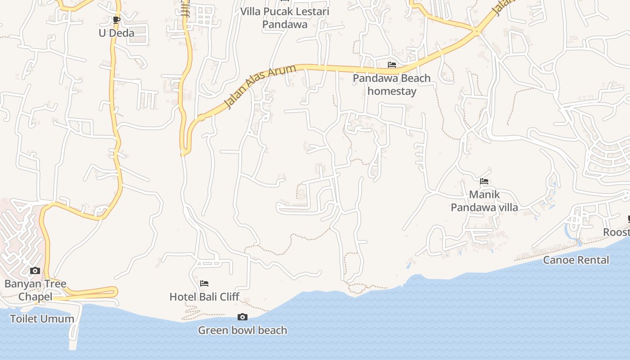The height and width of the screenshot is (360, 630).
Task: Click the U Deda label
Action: (x=117, y=33)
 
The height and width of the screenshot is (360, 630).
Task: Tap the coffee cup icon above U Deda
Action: (x=116, y=20)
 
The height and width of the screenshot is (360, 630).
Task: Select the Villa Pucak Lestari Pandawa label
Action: (x=284, y=18)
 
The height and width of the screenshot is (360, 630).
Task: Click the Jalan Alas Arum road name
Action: (x=260, y=87)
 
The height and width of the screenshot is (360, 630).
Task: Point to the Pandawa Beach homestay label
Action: (x=391, y=85)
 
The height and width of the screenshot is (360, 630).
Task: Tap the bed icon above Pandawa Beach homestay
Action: (x=392, y=65)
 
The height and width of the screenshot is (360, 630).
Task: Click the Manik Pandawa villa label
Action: (x=484, y=201)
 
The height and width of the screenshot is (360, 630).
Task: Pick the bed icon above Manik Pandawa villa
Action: (x=484, y=181)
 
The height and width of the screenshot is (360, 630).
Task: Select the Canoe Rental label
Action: (x=576, y=260)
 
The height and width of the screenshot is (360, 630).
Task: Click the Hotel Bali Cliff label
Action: (x=204, y=297)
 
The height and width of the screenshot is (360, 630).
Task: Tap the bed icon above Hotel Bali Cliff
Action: (x=204, y=283)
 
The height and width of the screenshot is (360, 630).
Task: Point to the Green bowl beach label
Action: (x=243, y=330)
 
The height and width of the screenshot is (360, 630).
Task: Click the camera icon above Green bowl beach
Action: (x=243, y=317)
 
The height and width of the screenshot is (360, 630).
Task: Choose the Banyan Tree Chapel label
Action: (x=35, y=290)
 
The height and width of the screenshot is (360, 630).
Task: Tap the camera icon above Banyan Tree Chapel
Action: (x=35, y=271)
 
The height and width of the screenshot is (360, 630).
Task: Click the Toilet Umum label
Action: (x=42, y=319)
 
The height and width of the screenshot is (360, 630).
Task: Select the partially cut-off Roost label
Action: (x=616, y=232)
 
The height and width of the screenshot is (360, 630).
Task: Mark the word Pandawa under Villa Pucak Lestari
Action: (x=284, y=24)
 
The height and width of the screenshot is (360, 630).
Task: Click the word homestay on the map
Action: (x=391, y=91)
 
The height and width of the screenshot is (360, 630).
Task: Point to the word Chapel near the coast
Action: (x=35, y=297)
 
